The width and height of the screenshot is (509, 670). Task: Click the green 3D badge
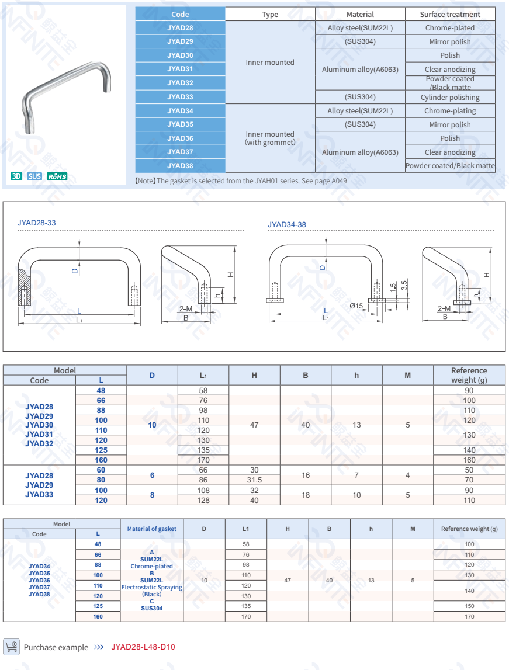tap(16, 176)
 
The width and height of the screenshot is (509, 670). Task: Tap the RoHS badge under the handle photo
tap(57, 176)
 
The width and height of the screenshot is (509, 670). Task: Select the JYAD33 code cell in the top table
tap(180, 97)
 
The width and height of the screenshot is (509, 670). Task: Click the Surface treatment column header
tap(450, 15)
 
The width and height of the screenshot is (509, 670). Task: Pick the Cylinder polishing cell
tap(450, 98)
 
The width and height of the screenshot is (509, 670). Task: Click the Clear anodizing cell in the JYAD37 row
tap(450, 152)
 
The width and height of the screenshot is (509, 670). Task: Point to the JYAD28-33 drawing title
tap(37, 223)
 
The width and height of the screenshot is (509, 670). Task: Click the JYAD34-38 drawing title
tap(287, 225)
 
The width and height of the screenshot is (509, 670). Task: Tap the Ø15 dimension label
tap(356, 306)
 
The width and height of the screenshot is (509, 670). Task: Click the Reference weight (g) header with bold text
tap(469, 375)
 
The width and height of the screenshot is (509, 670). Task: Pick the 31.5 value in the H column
tap(254, 480)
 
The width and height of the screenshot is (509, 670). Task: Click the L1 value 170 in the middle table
tap(203, 460)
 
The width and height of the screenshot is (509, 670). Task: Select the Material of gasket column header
tap(152, 529)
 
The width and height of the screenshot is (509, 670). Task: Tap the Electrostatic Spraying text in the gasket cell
tap(152, 588)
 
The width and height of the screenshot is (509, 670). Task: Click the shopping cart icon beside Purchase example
tap(11, 647)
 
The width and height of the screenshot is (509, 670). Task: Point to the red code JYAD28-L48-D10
tap(143, 647)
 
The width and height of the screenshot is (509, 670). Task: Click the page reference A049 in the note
tap(340, 181)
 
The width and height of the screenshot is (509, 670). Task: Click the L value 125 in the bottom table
tap(98, 606)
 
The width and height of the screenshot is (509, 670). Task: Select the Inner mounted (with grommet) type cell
tap(270, 138)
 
